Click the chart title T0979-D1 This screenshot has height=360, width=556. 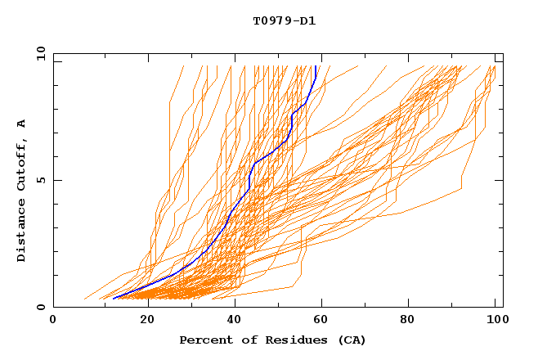pyautogui.click(x=284, y=20)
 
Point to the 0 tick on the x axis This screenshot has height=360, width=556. pyautogui.click(x=53, y=320)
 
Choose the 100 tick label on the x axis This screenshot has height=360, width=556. pyautogui.click(x=495, y=320)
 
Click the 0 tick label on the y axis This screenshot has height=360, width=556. pyautogui.click(x=41, y=307)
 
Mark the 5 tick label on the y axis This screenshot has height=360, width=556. pyautogui.click(x=41, y=180)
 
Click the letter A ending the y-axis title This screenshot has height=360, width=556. pyautogui.click(x=22, y=124)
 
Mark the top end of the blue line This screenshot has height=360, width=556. pyautogui.click(x=316, y=66)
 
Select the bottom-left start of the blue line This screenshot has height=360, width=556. pyautogui.click(x=113, y=299)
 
